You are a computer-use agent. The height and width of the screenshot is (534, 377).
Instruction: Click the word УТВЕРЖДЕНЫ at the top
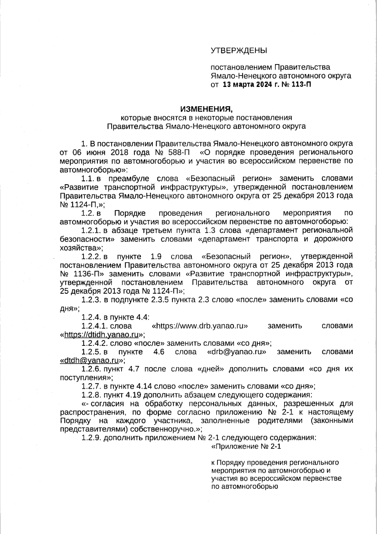click(x=238, y=50)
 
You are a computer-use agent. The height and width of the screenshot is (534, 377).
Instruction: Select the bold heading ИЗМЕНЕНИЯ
click(x=207, y=109)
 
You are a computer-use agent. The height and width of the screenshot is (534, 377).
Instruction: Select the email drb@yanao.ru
click(x=237, y=351)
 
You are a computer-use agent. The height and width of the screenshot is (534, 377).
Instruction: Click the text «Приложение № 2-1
click(x=246, y=447)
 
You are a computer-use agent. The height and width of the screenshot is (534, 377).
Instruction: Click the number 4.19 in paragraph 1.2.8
click(x=133, y=395)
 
